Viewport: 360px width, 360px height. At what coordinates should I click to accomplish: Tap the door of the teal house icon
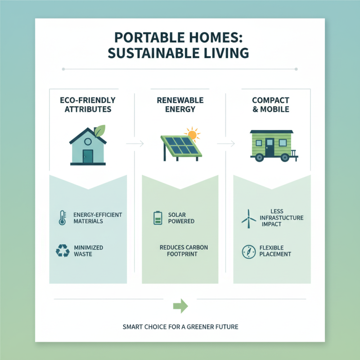click(x=88, y=156)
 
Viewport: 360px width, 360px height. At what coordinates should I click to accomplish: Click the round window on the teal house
click(x=88, y=141)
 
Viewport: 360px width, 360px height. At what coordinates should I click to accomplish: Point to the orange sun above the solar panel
click(x=193, y=134)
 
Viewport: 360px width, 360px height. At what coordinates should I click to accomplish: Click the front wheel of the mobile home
click(x=259, y=157)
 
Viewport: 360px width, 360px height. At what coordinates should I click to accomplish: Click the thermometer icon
click(x=62, y=217)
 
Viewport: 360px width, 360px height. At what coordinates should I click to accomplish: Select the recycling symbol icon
click(x=62, y=251)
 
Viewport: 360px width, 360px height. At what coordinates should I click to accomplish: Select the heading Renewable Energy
click(x=180, y=104)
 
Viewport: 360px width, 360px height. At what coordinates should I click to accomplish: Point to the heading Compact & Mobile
click(x=270, y=104)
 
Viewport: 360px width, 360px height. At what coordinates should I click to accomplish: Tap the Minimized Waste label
click(x=89, y=251)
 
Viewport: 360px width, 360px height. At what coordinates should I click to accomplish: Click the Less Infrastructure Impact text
click(x=281, y=218)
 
